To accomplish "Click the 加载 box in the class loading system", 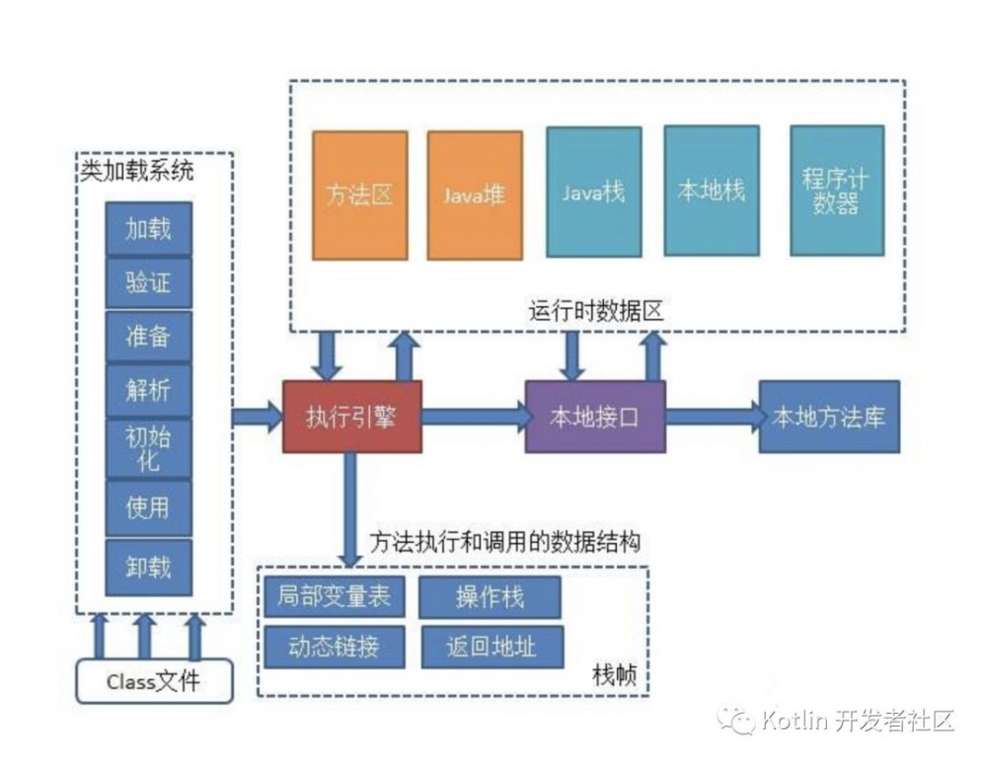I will click(x=148, y=228).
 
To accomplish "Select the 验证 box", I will click(x=148, y=282).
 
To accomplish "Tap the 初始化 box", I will click(x=148, y=449).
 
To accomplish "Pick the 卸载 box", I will click(x=148, y=567).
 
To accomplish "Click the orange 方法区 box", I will click(x=359, y=195).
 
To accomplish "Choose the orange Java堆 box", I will click(x=474, y=195).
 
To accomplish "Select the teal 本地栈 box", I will click(x=711, y=191).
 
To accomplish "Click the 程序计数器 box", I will click(x=837, y=191).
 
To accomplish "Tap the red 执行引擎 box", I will click(x=352, y=417).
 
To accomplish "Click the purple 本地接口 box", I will click(x=595, y=417).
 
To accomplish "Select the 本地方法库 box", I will click(x=828, y=417).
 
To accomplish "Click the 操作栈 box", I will click(x=490, y=597).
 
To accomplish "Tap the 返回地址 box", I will click(x=491, y=647).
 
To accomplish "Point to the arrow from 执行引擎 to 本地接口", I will click(x=474, y=417).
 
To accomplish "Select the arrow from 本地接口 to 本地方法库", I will click(x=712, y=417).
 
